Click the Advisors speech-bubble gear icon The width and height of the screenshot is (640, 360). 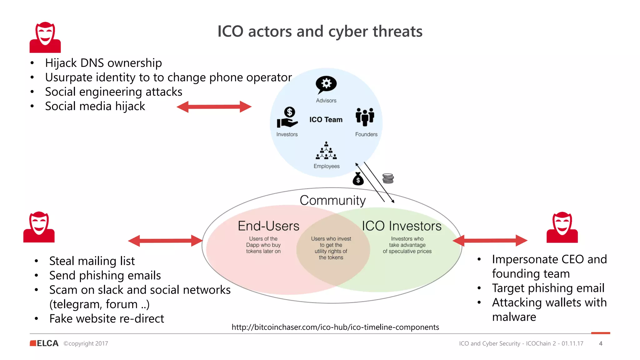326,84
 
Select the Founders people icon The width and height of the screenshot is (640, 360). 365,117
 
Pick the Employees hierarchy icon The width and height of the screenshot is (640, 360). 326,151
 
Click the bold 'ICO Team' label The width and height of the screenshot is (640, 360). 326,120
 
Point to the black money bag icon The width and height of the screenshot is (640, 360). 358,179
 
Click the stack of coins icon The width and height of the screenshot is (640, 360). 388,178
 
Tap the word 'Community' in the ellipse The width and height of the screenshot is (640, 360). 332,200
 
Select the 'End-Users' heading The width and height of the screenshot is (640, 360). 268,226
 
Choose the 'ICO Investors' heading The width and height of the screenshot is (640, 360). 402,226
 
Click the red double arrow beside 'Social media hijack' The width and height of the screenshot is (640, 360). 214,107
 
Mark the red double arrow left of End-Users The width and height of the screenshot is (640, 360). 165,241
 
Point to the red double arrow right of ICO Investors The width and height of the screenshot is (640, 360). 490,240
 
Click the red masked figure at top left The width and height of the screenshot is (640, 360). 45,37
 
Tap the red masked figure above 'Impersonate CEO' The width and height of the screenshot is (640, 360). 562,227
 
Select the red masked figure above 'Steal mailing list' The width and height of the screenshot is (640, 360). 39,227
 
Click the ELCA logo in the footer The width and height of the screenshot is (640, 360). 44,343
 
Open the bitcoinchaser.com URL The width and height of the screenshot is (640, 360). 335,327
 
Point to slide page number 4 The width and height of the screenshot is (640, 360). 600,343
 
